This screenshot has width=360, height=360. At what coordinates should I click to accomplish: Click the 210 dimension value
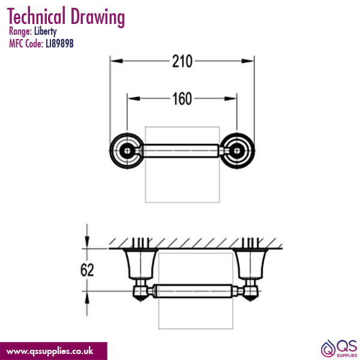coord(181,61)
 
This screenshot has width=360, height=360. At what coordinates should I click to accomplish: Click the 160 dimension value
coord(181,98)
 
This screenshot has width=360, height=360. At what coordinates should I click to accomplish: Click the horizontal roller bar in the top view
coord(181,149)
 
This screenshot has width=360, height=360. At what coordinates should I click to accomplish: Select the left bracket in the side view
coord(137,264)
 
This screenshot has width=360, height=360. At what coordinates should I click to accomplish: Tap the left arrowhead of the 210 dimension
coord(114,61)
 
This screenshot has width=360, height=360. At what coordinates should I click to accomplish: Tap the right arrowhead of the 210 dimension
coord(250,61)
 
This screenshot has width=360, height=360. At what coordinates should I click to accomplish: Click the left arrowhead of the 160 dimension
coord(130,98)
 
